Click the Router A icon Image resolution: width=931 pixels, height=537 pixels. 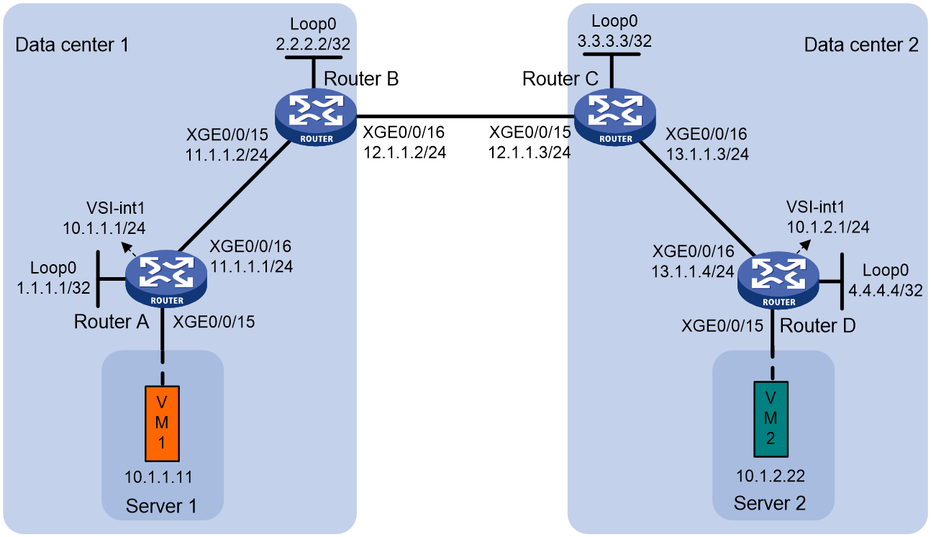click(x=166, y=279)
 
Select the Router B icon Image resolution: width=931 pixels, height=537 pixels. click(x=316, y=117)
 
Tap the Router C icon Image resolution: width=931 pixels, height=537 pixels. click(x=615, y=117)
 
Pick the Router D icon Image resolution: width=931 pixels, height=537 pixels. click(x=778, y=280)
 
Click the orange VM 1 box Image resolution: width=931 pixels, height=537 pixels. click(x=162, y=423)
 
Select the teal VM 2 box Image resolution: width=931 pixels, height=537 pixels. click(x=771, y=419)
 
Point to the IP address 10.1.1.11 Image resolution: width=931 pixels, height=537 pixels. click(x=158, y=477)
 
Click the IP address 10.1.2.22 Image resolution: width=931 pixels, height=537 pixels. click(x=771, y=476)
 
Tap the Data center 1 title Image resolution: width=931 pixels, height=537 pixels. click(x=72, y=45)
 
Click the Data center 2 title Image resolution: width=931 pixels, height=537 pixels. click(x=861, y=45)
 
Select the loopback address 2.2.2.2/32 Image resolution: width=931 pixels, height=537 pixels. click(x=313, y=43)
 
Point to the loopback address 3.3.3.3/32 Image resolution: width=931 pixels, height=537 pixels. click(x=614, y=41)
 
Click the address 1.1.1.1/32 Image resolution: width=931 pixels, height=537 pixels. click(x=53, y=288)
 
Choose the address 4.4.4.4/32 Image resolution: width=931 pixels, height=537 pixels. click(x=885, y=290)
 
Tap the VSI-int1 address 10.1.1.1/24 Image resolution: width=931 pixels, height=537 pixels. click(x=104, y=228)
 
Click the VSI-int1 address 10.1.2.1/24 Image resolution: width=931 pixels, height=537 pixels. click(x=828, y=227)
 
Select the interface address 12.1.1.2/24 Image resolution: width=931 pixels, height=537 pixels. click(x=405, y=153)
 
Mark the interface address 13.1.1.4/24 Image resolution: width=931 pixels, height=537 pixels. click(x=692, y=271)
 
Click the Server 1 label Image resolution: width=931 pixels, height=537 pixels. click(x=161, y=506)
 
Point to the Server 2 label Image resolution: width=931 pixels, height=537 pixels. click(x=770, y=503)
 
